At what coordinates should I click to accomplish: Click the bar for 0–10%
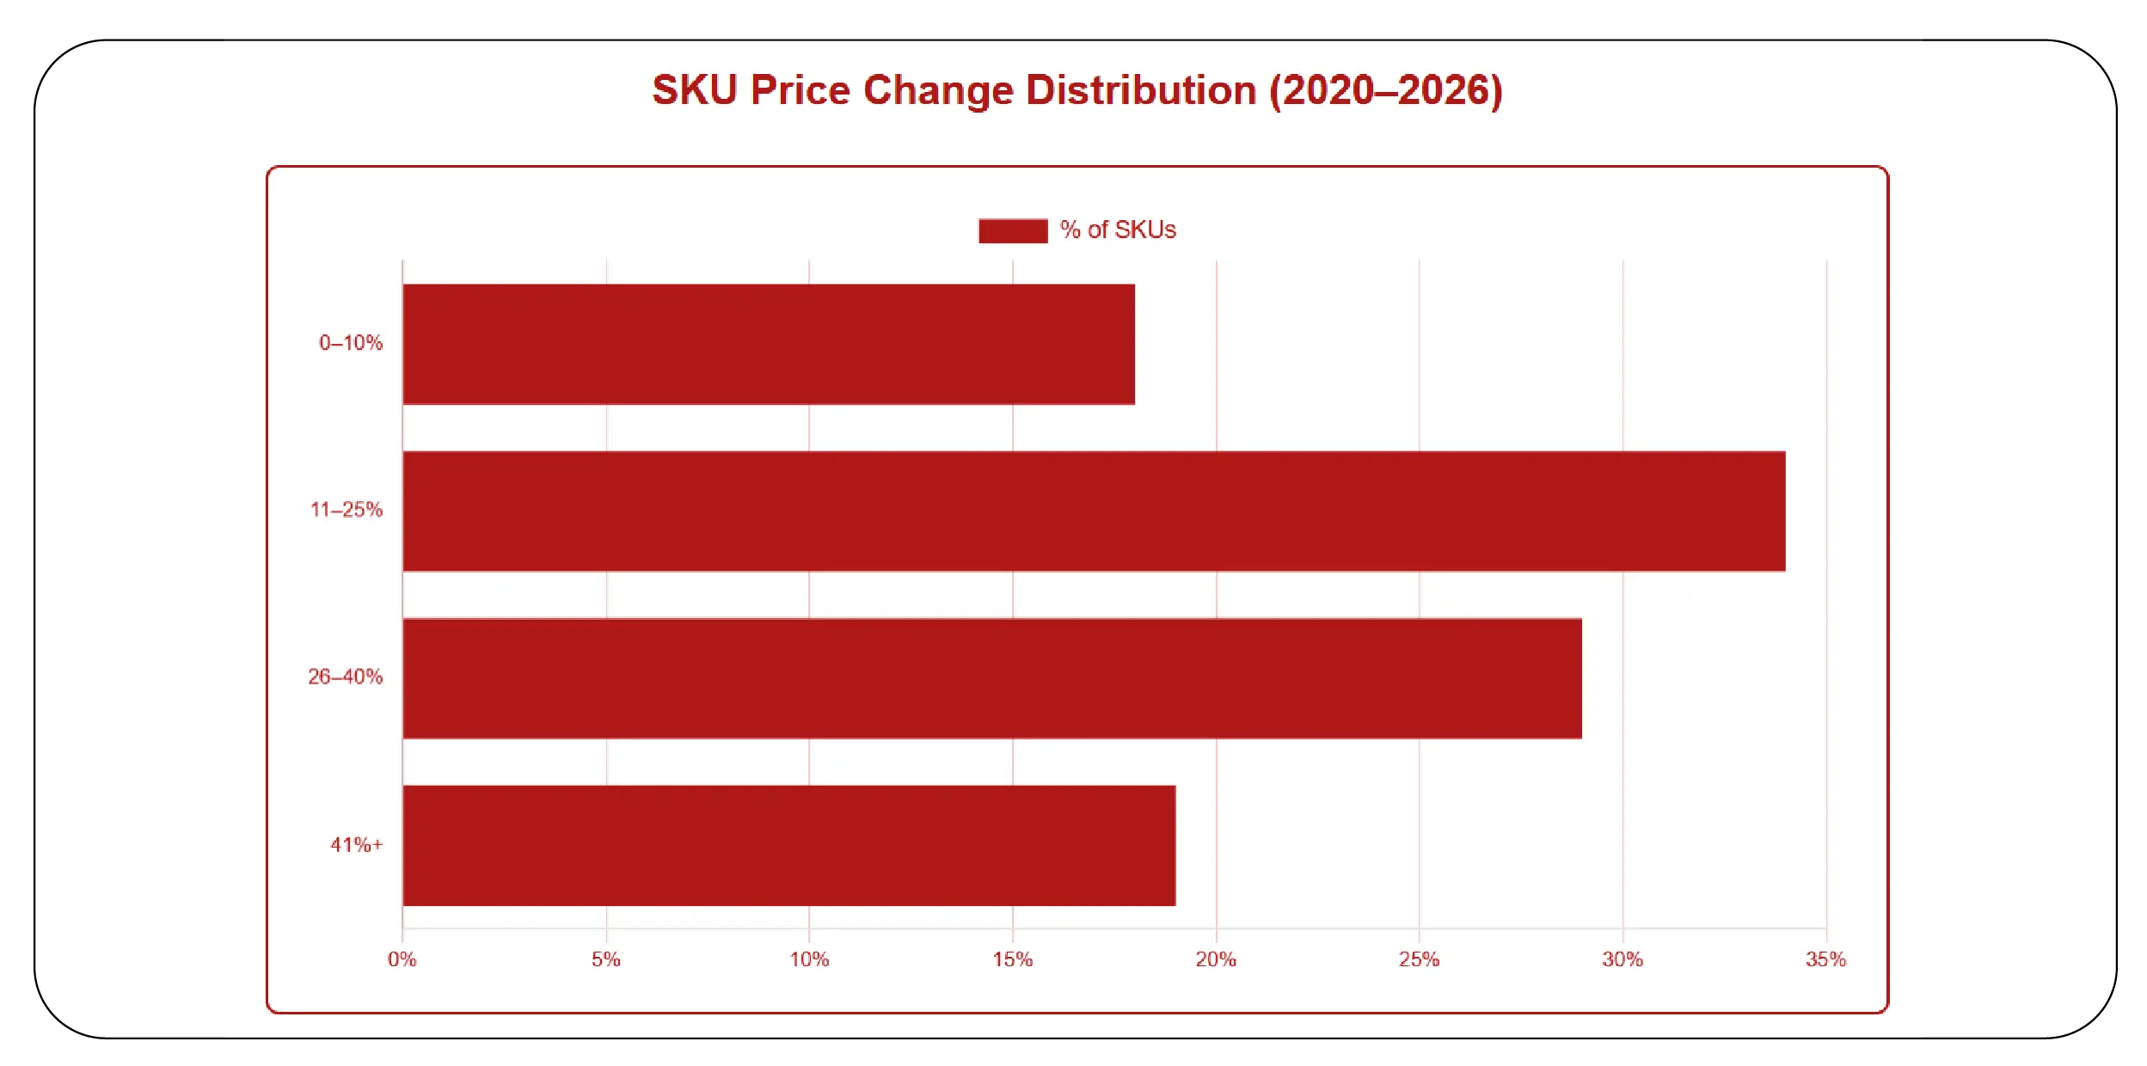(768, 344)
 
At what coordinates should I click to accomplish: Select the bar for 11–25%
(1093, 511)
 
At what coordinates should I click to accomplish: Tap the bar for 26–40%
(991, 677)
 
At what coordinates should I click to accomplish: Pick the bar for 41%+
(788, 845)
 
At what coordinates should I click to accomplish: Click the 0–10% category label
(351, 343)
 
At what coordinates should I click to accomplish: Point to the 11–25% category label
(347, 510)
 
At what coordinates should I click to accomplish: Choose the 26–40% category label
(346, 677)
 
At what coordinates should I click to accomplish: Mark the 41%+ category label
(357, 844)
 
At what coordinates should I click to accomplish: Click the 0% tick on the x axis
(402, 959)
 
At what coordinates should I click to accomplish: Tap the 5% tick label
(605, 959)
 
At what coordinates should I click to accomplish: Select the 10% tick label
(809, 959)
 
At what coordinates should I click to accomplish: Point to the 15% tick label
(1012, 959)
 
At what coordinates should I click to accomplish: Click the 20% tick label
(1216, 959)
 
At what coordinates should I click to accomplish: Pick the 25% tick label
(1419, 959)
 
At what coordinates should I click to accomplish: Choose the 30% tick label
(1623, 959)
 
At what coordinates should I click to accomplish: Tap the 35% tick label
(1825, 959)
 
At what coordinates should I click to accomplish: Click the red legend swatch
(1013, 230)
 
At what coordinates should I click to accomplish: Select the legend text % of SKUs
(1118, 230)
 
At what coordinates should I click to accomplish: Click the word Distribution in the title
(1141, 90)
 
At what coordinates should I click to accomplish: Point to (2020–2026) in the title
(1386, 90)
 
